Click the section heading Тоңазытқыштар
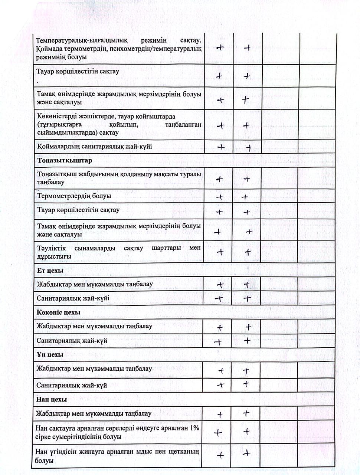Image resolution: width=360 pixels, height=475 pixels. [65, 161]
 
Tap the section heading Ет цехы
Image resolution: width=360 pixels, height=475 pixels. [50, 271]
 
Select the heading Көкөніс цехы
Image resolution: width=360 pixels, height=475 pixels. [58, 312]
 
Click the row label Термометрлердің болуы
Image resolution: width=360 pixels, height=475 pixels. [74, 196]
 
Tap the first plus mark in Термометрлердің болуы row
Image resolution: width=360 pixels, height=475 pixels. [219, 197]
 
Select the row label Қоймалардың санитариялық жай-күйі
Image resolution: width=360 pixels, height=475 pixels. [95, 147]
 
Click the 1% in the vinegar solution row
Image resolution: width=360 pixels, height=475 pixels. [194, 428]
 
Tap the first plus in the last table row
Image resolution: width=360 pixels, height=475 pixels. [220, 455]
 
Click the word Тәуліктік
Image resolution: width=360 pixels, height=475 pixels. [52, 248]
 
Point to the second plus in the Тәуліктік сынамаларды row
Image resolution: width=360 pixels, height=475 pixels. [248, 252]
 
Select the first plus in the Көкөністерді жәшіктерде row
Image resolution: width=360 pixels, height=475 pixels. [220, 125]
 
